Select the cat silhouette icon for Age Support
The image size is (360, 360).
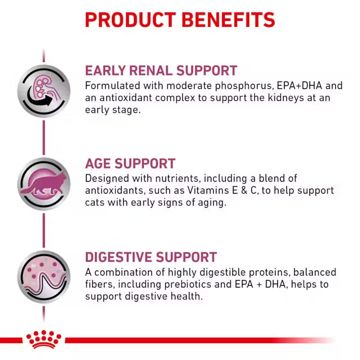tap(43, 183)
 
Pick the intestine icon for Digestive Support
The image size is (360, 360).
tap(43, 277)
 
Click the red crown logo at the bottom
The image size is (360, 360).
tap(43, 339)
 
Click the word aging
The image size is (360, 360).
tap(210, 202)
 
